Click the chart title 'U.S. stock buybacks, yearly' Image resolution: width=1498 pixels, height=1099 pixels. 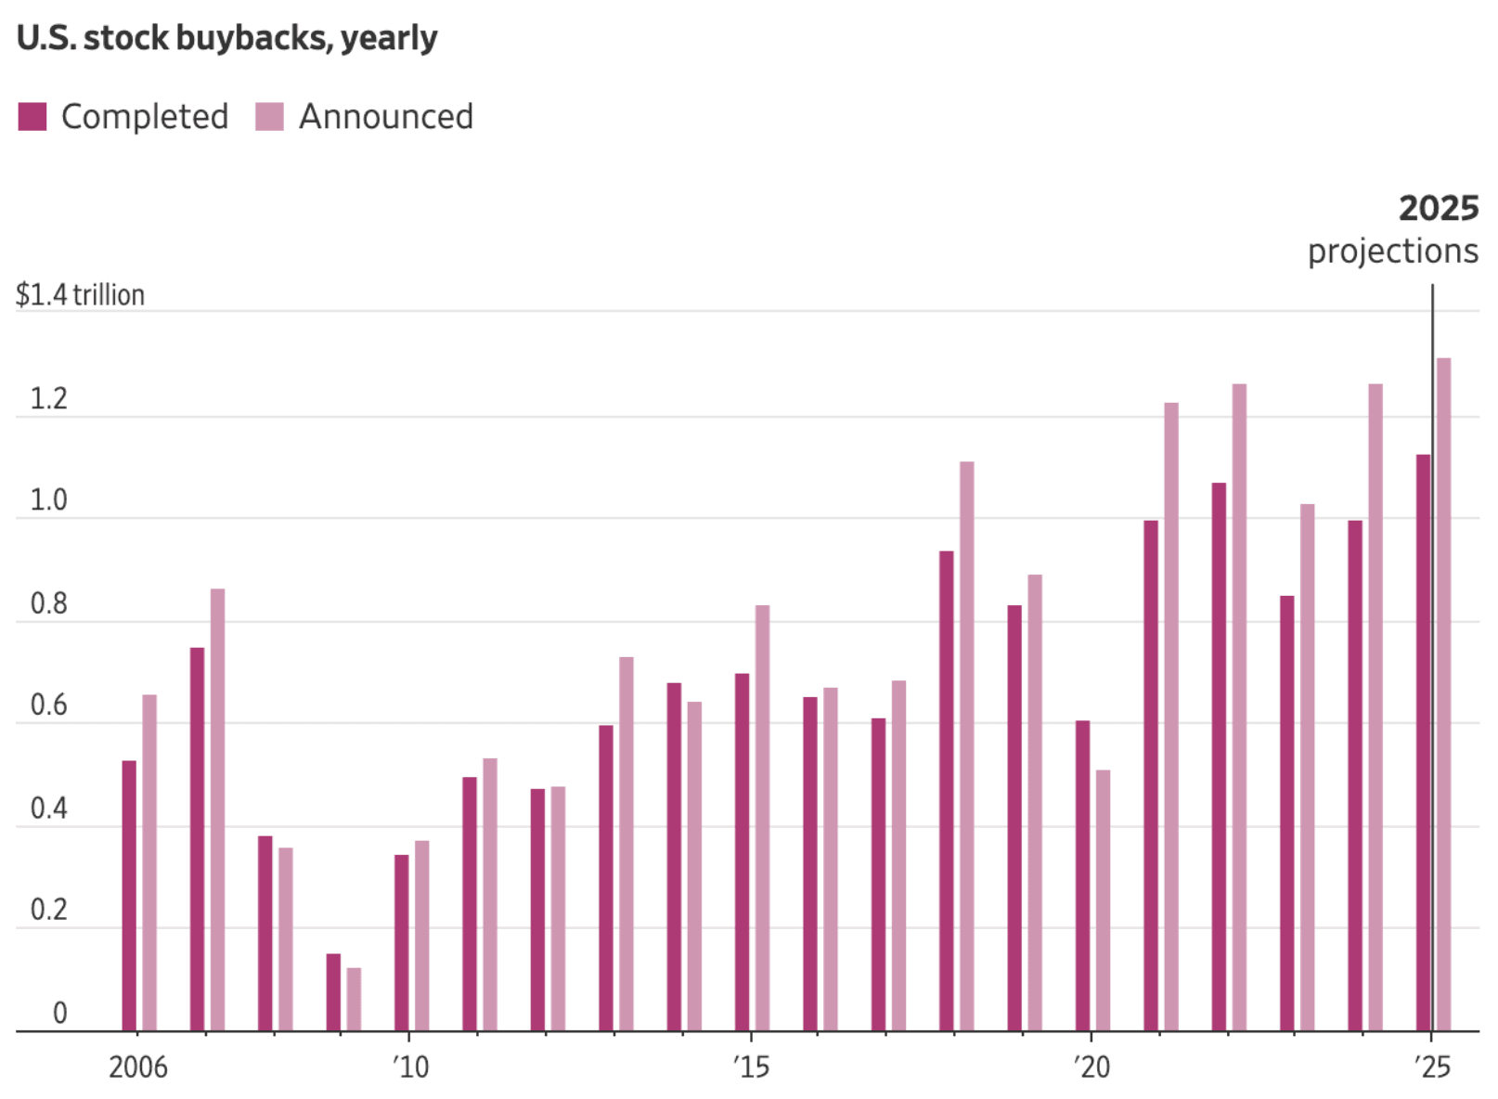coord(226,38)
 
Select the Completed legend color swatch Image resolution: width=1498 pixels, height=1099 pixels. coord(32,117)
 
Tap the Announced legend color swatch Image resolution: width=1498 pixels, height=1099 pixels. coord(269,117)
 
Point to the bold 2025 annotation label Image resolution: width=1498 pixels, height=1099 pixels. coord(1438,208)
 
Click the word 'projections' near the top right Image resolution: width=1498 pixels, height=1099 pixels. coord(1392,251)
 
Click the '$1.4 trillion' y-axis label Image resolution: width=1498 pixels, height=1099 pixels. coord(80,295)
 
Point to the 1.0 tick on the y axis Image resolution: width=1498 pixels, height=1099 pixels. coord(48,500)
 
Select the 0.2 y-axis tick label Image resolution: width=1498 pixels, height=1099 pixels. coord(48,910)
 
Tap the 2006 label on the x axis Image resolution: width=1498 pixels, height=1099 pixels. coord(137,1067)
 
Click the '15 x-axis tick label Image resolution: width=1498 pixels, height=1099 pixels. coord(751,1067)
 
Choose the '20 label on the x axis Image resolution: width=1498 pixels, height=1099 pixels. coord(1091,1067)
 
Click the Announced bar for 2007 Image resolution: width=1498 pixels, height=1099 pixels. coord(217,809)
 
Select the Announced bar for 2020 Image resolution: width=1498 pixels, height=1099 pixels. coord(1103,899)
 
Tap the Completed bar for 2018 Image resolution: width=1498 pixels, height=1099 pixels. coord(946,790)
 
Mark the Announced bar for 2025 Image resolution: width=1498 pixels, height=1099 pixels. coord(1444,693)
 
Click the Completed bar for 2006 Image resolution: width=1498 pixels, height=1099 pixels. coord(129,895)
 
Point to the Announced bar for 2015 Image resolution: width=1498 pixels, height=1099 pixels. coord(762,817)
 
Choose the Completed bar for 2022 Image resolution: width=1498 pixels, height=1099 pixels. coord(1219,756)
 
